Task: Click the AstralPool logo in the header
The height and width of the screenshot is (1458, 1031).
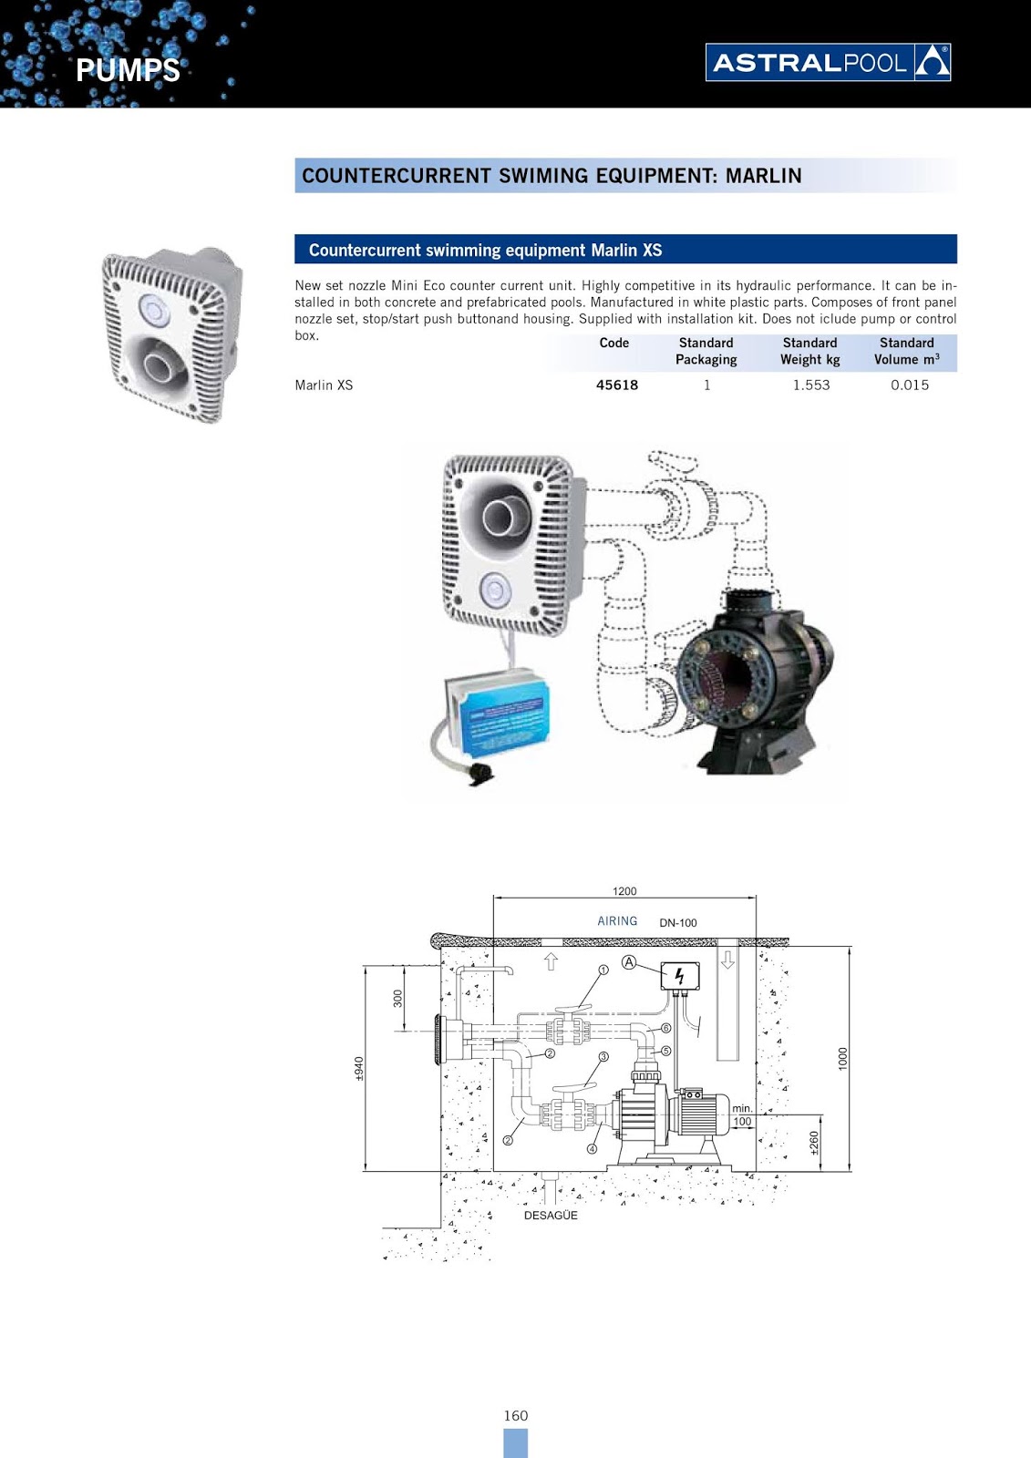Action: [x=828, y=62]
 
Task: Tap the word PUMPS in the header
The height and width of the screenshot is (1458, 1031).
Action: [x=128, y=70]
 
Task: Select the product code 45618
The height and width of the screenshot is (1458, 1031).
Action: [x=617, y=385]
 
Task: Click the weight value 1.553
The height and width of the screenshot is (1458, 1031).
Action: [x=811, y=385]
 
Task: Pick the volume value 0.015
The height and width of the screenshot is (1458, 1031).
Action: [x=910, y=385]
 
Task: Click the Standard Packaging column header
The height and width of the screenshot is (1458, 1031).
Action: [x=706, y=351]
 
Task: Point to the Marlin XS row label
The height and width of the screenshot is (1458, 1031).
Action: [x=324, y=385]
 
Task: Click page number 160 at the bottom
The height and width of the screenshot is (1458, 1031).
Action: [x=516, y=1415]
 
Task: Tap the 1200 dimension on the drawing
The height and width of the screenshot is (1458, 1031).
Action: [x=624, y=891]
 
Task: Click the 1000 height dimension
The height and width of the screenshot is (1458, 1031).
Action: [x=843, y=1058]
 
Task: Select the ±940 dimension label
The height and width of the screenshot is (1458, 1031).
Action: [x=359, y=1069]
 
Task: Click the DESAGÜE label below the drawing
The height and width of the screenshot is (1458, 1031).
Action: [x=551, y=1215]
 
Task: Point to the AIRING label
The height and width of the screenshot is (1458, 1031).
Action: [x=617, y=921]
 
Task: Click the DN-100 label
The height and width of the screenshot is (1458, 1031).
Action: [x=678, y=922]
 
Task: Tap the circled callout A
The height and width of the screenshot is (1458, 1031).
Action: [x=629, y=962]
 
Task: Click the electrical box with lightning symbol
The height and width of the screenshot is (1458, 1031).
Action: [x=680, y=976]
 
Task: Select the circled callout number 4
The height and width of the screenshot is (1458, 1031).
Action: [x=592, y=1149]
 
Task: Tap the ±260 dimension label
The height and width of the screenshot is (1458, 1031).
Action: [x=815, y=1143]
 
